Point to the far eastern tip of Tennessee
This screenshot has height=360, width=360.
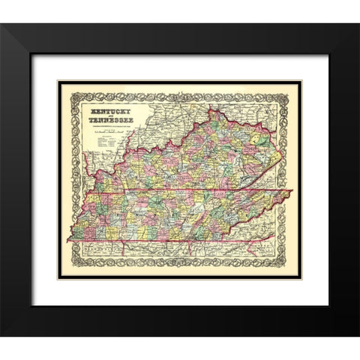coord(291,191)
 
